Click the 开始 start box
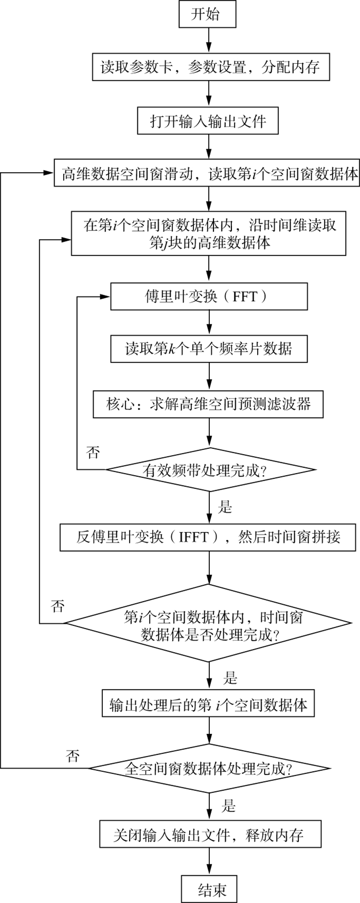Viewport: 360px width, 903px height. pos(208,14)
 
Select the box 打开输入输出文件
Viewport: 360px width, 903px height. pos(209,122)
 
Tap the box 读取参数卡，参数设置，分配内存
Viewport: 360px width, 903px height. pos(210,67)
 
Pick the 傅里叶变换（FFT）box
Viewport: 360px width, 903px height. pos(209,297)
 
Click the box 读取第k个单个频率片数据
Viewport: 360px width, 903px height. pos(209,350)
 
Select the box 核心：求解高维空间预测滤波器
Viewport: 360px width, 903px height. pos(209,404)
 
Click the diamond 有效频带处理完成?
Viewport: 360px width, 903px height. pos(210,470)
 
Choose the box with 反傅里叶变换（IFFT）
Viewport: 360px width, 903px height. pos(208,537)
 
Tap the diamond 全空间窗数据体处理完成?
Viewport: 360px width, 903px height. pos(209,769)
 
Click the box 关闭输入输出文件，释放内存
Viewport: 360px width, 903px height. pos(210,835)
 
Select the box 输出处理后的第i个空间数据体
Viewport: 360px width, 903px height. pos(209,705)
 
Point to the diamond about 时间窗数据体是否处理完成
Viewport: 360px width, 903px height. pos(209,624)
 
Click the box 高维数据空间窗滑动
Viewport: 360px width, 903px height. pos(207,174)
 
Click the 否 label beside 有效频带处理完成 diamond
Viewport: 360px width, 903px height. pos(93,453)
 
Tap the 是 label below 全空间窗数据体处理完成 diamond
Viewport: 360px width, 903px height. pos(229,805)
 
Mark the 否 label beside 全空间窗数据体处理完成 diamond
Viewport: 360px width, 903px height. pos(73,756)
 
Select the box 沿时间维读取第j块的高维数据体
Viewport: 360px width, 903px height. pos(209,234)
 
